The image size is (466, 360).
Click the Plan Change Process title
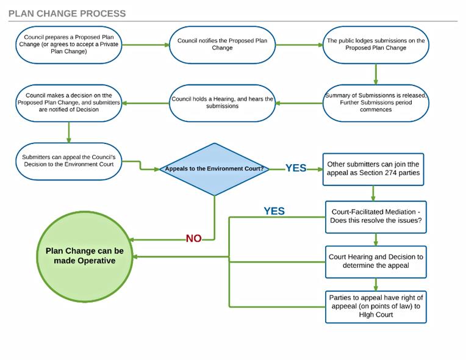67,13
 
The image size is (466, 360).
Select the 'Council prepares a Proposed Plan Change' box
69,45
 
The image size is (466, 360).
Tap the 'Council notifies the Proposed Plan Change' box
222,45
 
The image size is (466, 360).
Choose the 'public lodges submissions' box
375,45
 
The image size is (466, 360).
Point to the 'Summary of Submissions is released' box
375,103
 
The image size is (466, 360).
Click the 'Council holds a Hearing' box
222,103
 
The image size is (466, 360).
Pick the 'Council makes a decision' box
69,103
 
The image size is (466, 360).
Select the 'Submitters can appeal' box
69,160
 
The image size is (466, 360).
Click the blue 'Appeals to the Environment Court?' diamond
214,169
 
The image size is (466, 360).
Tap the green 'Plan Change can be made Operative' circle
85,256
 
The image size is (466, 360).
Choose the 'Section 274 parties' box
373,169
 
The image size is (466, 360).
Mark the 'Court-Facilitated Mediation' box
375,217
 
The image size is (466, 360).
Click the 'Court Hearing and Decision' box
375,262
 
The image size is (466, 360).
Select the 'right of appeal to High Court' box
375,306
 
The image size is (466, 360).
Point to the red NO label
193,239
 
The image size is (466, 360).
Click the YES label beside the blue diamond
296,168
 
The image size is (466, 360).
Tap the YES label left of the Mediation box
274,211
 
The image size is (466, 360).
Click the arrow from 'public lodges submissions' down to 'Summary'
375,74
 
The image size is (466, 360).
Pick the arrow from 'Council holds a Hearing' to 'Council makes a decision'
146,103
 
